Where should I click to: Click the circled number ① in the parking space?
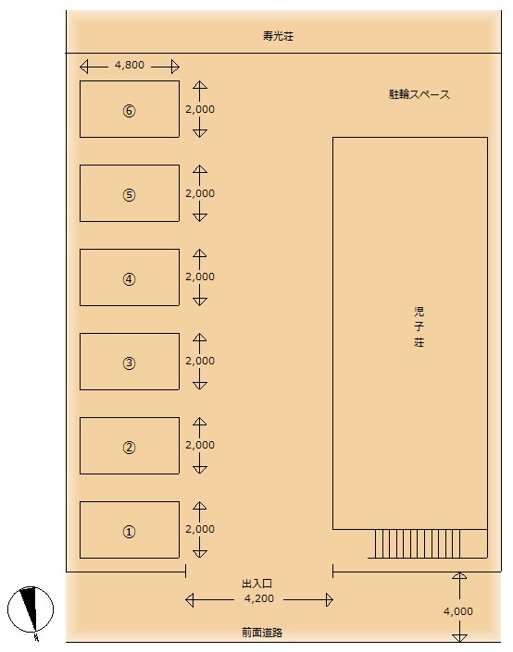[x=129, y=532]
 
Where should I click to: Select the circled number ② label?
[x=129, y=448]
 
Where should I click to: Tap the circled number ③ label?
[x=129, y=363]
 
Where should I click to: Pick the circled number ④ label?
[x=129, y=279]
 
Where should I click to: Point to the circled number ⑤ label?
[x=129, y=194]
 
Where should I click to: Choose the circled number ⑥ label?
[x=129, y=111]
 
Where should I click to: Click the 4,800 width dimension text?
[x=130, y=66]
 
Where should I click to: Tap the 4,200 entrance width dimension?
[x=259, y=598]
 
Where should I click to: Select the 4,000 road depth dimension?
[x=458, y=611]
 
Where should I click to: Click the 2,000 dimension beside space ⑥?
[x=200, y=109]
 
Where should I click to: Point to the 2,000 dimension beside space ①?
[x=200, y=529]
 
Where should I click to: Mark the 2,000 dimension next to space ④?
[x=200, y=277]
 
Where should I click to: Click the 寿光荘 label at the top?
[x=278, y=36]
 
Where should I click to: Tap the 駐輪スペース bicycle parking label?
[x=419, y=94]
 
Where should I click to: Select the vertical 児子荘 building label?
[x=419, y=326]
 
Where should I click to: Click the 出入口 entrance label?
[x=256, y=584]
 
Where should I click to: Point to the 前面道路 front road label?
[x=262, y=633]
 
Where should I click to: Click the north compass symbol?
[x=31, y=610]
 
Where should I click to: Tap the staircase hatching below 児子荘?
[x=418, y=544]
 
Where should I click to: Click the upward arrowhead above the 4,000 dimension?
[x=459, y=575]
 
